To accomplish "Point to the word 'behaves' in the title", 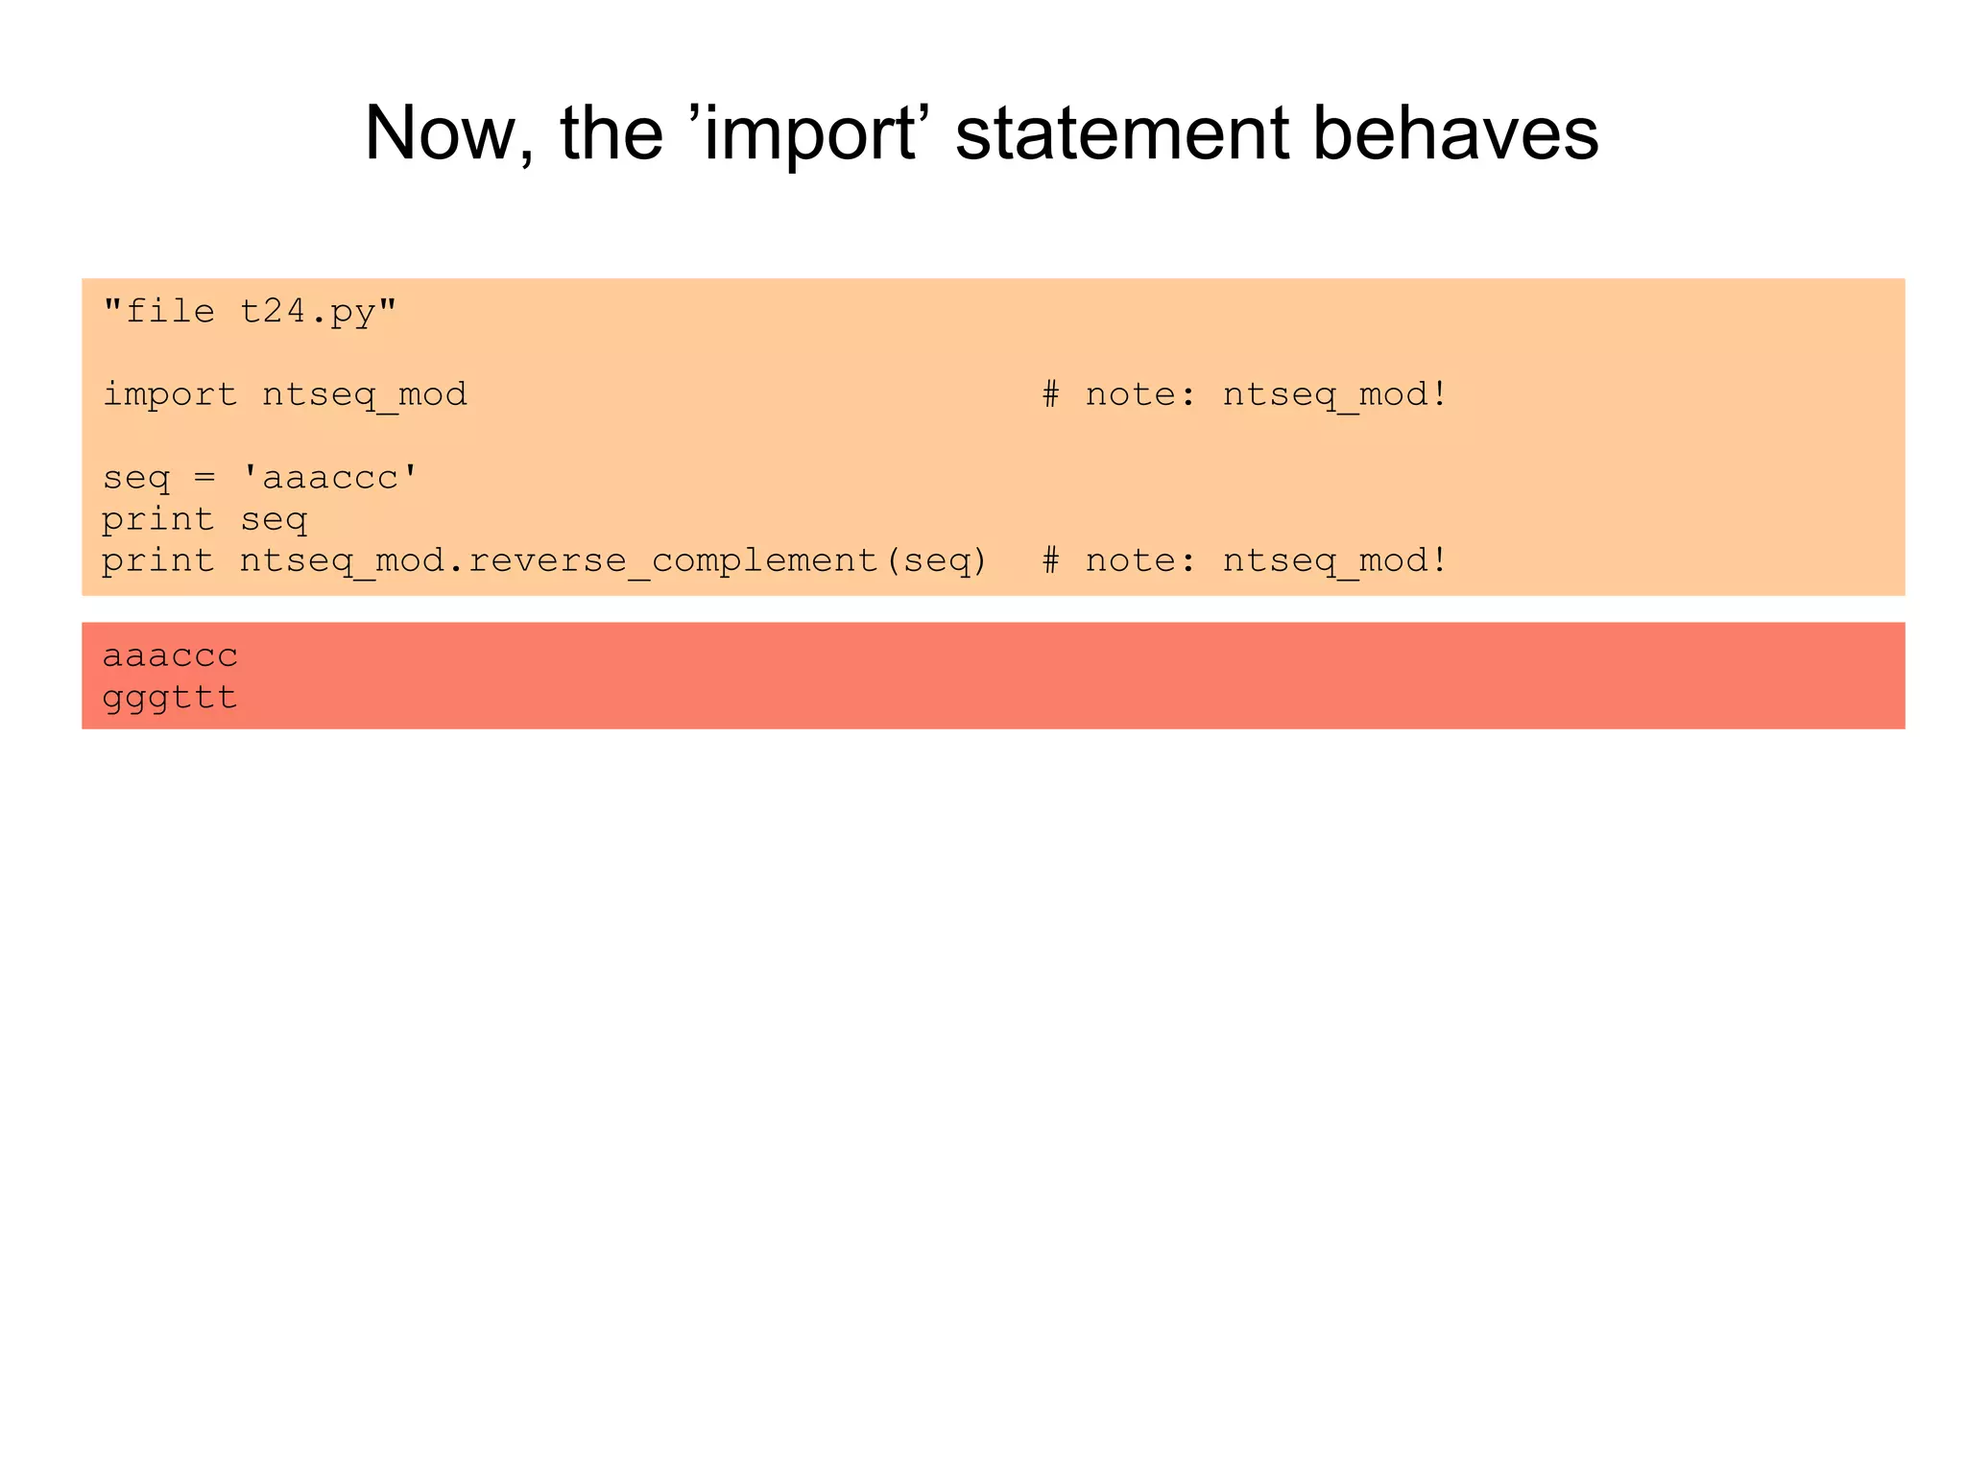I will [x=1454, y=133].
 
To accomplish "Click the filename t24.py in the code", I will [x=307, y=312].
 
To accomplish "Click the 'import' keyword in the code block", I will [x=170, y=395].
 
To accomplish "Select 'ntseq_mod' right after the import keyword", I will [x=365, y=395].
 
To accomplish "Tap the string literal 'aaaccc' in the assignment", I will [x=330, y=478].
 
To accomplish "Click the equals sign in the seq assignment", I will [x=204, y=478].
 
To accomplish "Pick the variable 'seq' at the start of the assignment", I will [x=135, y=478].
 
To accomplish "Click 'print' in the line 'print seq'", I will [x=158, y=520].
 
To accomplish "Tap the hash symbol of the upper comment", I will [x=1051, y=395].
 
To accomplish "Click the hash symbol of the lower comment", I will [x=1051, y=561].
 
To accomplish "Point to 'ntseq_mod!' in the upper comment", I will [x=1334, y=395].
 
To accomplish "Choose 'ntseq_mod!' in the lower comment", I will [x=1334, y=561].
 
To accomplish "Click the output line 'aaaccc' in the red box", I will [x=170, y=656].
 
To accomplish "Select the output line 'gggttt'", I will [x=170, y=698].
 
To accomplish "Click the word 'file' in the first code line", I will [x=170, y=312].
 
